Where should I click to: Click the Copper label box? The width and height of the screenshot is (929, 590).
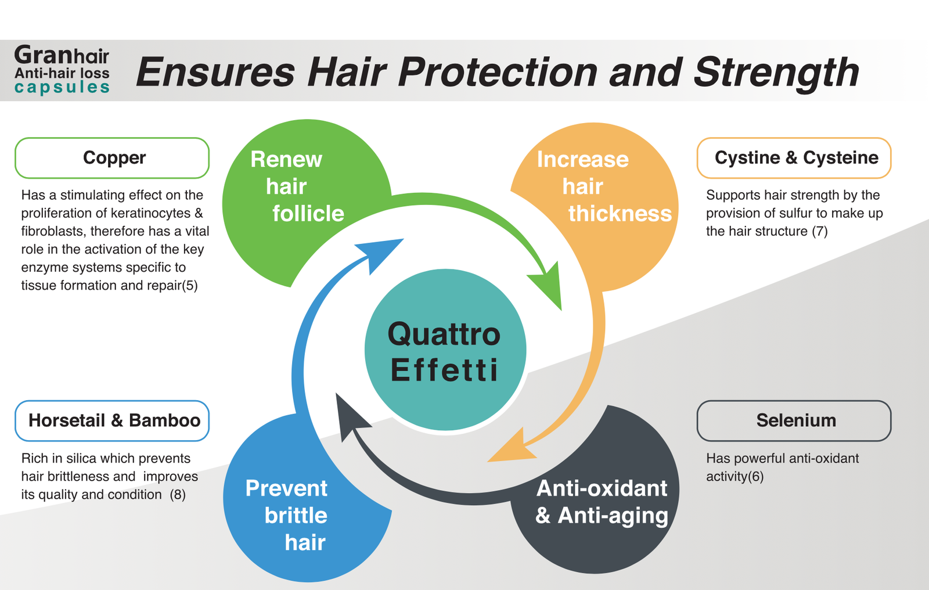coord(112,158)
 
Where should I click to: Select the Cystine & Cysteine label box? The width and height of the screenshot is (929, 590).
coord(794,158)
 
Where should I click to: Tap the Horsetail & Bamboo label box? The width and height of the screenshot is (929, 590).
coord(112,420)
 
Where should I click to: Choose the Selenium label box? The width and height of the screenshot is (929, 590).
coord(794,420)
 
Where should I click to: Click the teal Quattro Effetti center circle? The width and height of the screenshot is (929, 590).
coord(445,350)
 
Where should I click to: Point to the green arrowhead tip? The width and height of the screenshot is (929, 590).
coord(561,310)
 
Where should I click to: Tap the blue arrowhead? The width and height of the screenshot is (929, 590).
coord(381,254)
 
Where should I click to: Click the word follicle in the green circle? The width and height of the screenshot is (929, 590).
coord(308,213)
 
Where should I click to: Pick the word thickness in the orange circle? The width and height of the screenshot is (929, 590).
coord(620,213)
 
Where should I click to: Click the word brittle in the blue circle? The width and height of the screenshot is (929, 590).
coord(296,515)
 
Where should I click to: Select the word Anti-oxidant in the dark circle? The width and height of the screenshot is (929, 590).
coord(602,488)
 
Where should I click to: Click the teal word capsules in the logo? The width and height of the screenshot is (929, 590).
coord(62,88)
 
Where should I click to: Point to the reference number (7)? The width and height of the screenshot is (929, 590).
coord(819,231)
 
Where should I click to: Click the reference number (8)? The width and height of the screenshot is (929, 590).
coord(178,495)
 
